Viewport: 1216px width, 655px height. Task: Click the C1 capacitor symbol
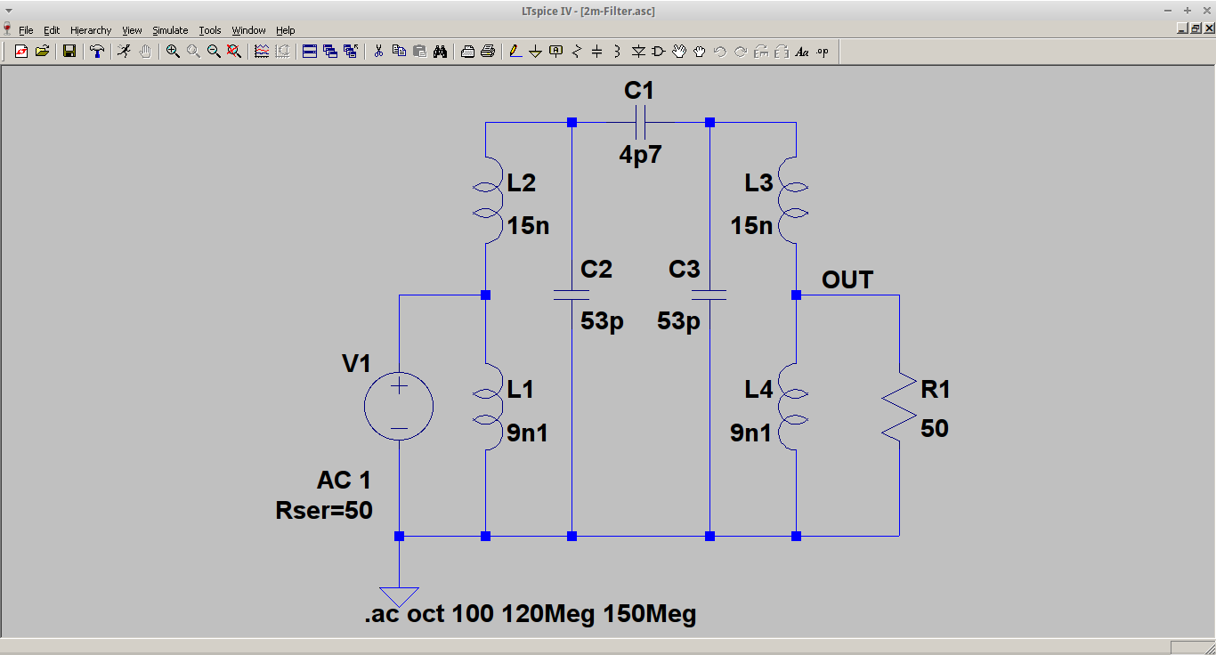(640, 122)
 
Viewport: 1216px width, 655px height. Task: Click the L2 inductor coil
(486, 200)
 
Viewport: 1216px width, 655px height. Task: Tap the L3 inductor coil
(795, 200)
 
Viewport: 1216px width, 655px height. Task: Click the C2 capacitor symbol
(572, 295)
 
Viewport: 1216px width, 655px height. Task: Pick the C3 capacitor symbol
(709, 295)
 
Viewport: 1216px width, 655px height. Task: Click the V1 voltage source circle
(399, 407)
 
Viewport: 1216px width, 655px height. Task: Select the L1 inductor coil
(486, 407)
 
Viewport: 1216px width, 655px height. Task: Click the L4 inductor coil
(795, 407)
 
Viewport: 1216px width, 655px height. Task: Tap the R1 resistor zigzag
(899, 407)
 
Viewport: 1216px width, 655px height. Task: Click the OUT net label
(847, 280)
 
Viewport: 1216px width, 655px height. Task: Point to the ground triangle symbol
(399, 595)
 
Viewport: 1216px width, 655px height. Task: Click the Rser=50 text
(324, 511)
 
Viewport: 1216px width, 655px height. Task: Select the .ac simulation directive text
(530, 614)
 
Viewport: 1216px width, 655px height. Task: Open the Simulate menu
(170, 30)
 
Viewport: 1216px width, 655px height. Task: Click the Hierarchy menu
(91, 30)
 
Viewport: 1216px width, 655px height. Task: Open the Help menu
(285, 30)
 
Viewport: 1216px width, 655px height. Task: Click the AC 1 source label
(344, 481)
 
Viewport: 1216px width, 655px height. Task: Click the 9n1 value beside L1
(528, 433)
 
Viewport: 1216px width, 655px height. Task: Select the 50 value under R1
(935, 429)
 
